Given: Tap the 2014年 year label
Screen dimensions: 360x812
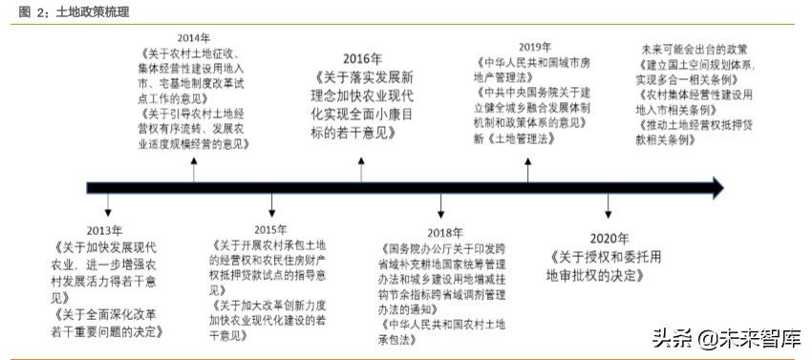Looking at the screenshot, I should point(194,38).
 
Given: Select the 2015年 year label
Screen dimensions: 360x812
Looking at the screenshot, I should point(270,230).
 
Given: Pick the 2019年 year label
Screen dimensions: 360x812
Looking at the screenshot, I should point(536,46).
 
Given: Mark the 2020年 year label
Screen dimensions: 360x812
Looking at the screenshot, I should point(609,238).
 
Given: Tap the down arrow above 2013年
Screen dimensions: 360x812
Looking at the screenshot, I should point(107,205).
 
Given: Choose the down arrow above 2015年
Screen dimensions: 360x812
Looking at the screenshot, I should point(272,205).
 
